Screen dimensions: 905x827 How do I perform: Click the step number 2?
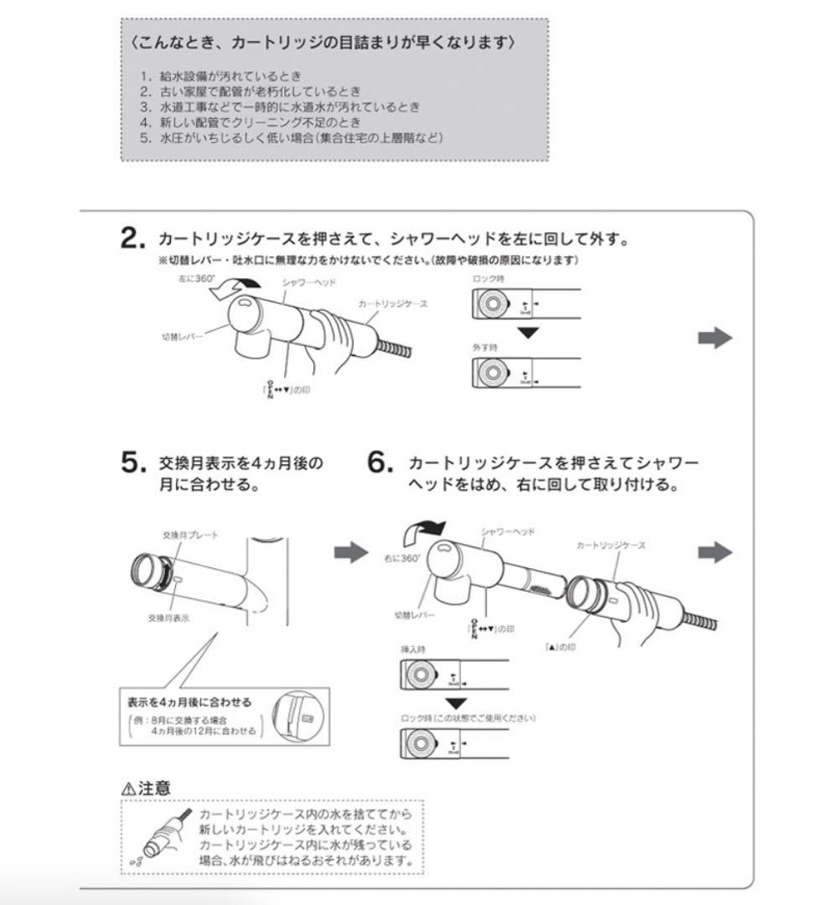point(133,240)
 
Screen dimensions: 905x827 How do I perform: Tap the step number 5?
point(133,463)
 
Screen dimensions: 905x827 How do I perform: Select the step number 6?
point(381,463)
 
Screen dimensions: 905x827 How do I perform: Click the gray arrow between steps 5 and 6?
point(351,552)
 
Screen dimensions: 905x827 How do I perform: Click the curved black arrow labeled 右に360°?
point(426,530)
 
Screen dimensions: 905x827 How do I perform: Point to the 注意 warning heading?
point(154,788)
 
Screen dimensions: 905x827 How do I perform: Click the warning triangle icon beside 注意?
point(128,789)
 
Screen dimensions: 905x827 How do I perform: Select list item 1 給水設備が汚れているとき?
point(220,76)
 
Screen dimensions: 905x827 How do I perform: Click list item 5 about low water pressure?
point(291,137)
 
